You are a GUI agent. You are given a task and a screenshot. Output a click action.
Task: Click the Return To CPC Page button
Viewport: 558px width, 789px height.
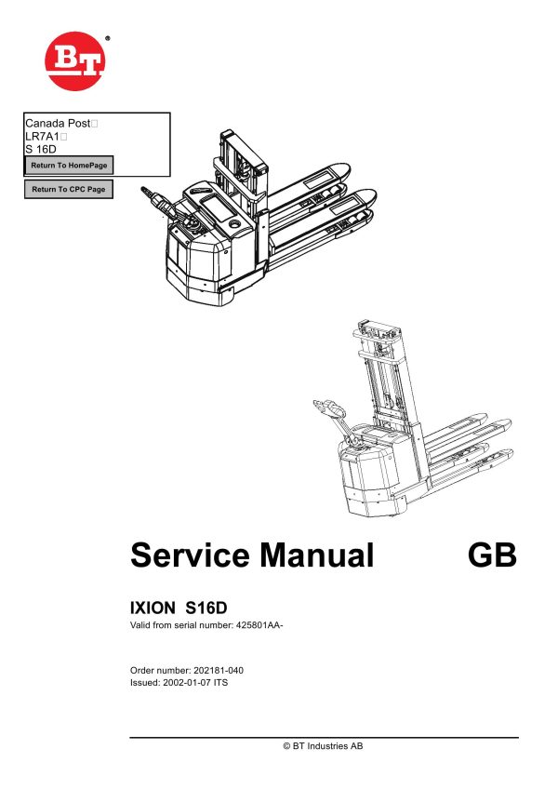(x=68, y=190)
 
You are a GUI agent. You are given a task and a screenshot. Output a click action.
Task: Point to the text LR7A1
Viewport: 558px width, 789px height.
(x=42, y=136)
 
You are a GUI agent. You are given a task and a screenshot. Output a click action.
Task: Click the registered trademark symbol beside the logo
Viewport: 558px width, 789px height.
(x=107, y=39)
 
